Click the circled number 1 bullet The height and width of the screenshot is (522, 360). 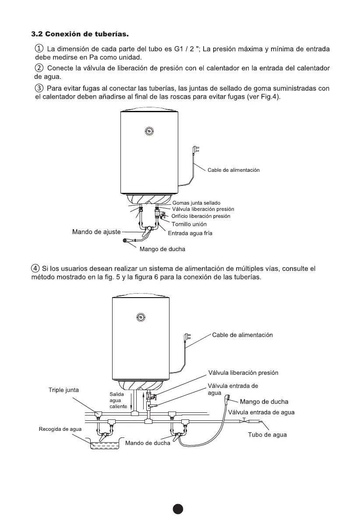coord(39,48)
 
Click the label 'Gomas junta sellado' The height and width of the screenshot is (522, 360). coord(196,203)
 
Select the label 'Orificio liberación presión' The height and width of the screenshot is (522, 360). coord(201,216)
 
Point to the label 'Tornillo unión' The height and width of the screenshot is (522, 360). coord(189,224)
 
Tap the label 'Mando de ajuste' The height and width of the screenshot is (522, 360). coord(96,231)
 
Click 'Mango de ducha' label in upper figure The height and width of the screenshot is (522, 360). coord(162,249)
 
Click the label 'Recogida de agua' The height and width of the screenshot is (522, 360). coord(60,429)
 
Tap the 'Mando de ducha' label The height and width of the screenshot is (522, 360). coord(148,443)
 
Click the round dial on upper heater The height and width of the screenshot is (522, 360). coord(149,131)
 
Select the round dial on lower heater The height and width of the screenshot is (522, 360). coord(141,317)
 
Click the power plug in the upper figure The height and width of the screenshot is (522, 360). coord(195,151)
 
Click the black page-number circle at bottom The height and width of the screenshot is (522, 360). coord(177,509)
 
